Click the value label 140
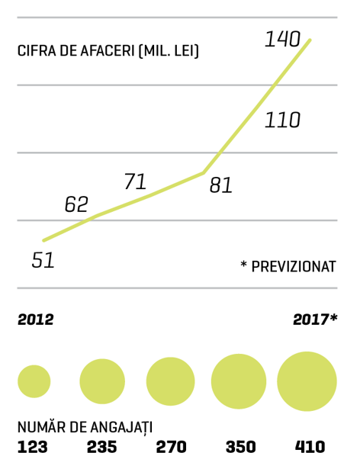(282, 39)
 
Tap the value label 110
(282, 120)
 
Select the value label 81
(220, 185)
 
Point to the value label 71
(135, 181)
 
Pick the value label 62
(76, 204)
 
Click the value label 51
(43, 260)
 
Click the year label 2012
(36, 319)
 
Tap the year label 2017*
(315, 319)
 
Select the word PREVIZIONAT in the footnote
(293, 267)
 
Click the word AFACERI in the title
(107, 51)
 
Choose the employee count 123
(33, 447)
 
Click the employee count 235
(101, 447)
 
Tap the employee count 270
(171, 447)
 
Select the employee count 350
(240, 447)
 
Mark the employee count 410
(310, 447)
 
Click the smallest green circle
(34, 381)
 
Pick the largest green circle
(307, 381)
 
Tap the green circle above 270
(170, 381)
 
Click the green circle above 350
(239, 381)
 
